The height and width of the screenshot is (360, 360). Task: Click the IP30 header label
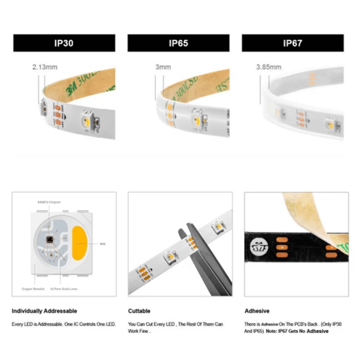click(x=64, y=43)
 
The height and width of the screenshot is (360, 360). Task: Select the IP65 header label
click(x=178, y=43)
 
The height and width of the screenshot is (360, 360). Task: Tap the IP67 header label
click(x=292, y=43)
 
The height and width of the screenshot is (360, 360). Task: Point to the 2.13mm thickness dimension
click(x=45, y=67)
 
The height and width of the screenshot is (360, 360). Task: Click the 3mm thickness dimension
click(x=163, y=67)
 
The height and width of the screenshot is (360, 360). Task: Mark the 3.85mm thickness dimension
click(x=269, y=67)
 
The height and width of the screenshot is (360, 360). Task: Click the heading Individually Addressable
click(x=44, y=311)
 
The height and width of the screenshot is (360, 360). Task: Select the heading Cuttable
click(x=139, y=311)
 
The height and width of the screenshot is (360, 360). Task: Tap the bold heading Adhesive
click(x=257, y=311)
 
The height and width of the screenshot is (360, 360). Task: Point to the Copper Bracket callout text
click(x=32, y=288)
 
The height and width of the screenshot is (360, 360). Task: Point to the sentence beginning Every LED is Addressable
click(x=63, y=324)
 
